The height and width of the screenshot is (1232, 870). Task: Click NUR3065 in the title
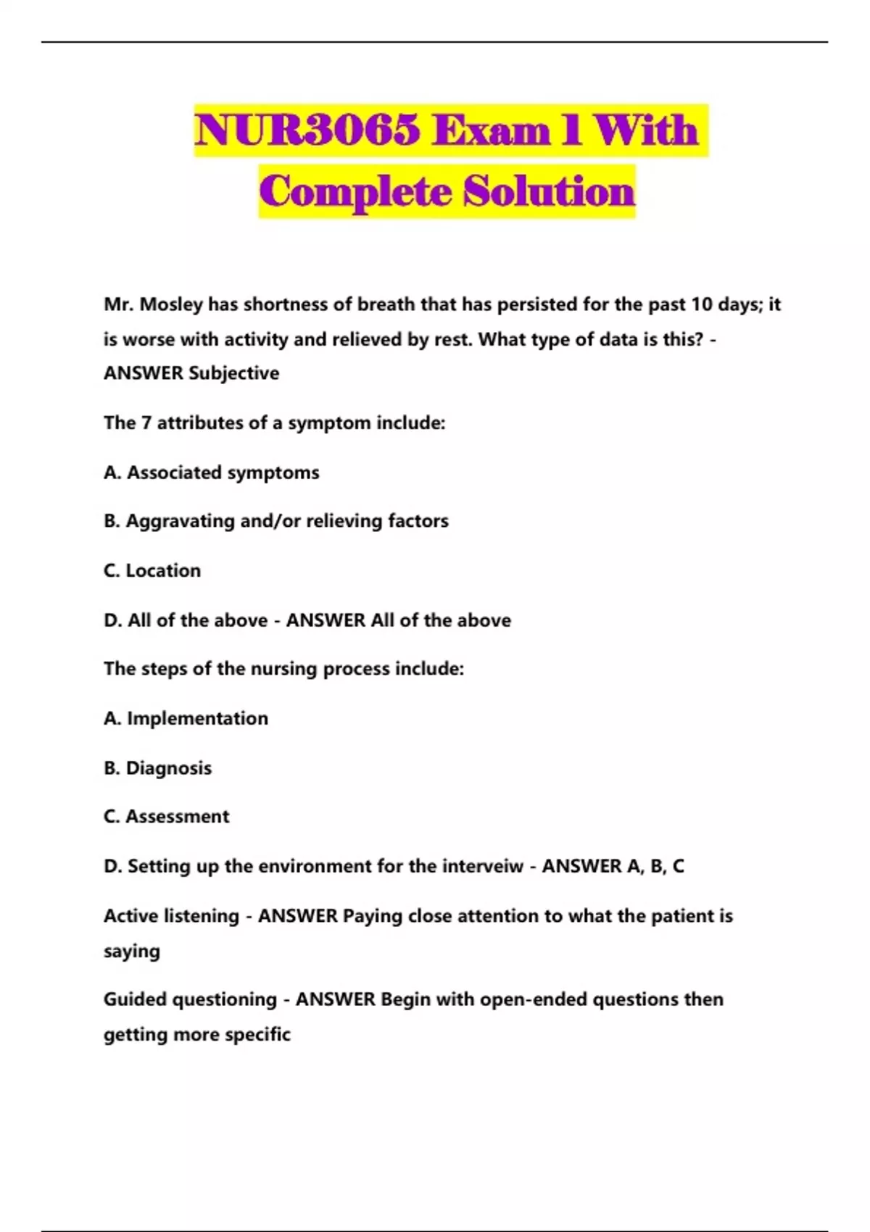click(307, 131)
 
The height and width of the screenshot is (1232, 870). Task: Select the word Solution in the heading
click(549, 192)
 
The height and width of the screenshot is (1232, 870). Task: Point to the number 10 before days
click(701, 304)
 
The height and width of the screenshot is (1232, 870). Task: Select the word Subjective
click(233, 373)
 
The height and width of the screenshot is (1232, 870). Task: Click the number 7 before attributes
click(146, 423)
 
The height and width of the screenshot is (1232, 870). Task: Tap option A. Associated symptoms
click(212, 473)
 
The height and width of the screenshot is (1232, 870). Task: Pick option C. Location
click(152, 570)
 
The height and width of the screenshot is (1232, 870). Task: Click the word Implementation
click(197, 718)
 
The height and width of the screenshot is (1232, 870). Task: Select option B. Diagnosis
click(158, 768)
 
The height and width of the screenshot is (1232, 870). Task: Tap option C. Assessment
click(167, 817)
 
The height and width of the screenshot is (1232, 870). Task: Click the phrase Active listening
click(171, 916)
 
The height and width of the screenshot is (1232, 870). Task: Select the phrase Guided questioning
click(190, 999)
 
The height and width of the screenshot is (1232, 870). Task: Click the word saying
click(132, 952)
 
